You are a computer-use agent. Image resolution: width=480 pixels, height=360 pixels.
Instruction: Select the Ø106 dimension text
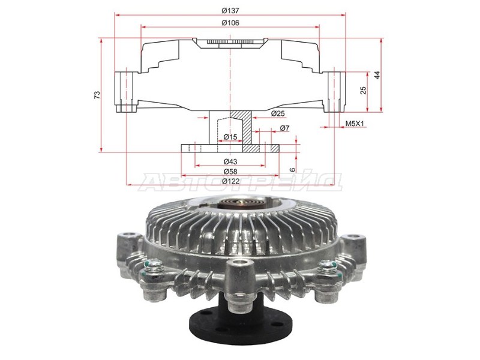point(230,23)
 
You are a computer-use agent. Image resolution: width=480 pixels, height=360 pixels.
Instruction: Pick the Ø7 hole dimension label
point(284,128)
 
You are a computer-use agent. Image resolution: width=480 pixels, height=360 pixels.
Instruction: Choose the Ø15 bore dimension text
point(230,137)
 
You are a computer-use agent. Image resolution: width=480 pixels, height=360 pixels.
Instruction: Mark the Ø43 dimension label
point(230,162)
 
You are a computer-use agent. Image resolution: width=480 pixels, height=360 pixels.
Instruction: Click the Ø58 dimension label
point(230,172)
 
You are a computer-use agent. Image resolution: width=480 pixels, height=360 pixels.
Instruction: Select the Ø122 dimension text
point(230,181)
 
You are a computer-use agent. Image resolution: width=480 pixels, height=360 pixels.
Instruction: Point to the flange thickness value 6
point(293,169)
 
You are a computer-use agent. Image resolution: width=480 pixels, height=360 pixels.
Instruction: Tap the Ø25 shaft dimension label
point(277,113)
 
